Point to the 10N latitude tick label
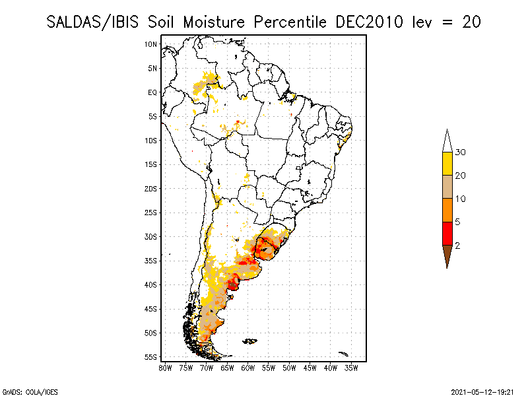tap(150, 44)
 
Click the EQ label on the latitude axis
tap(152, 92)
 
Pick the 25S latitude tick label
tap(150, 213)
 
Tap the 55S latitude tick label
tap(150, 357)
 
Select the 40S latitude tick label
tap(150, 285)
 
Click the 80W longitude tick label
tap(165, 367)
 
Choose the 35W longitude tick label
tap(352, 367)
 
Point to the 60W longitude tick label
tap(248, 367)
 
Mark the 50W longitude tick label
tap(290, 367)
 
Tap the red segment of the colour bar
tap(447, 233)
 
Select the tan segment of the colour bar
tap(447, 187)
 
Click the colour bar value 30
tap(461, 152)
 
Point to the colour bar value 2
tap(458, 246)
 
